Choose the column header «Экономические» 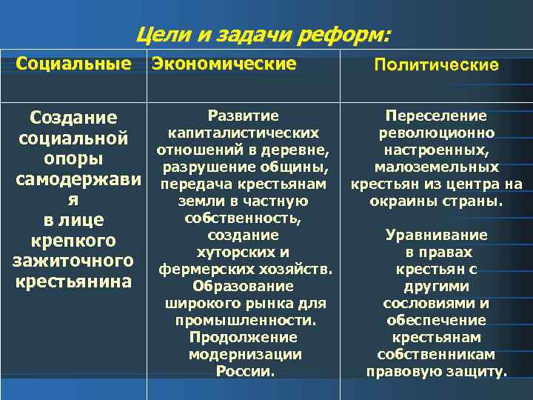224,64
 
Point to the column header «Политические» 436,65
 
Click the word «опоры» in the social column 73,159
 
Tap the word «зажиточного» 73,261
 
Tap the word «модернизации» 244,354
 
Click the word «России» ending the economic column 243,371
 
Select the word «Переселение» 436,116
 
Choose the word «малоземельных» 436,167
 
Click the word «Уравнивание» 436,235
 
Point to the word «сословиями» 427,303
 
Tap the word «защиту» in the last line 479,371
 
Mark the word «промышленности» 246,320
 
